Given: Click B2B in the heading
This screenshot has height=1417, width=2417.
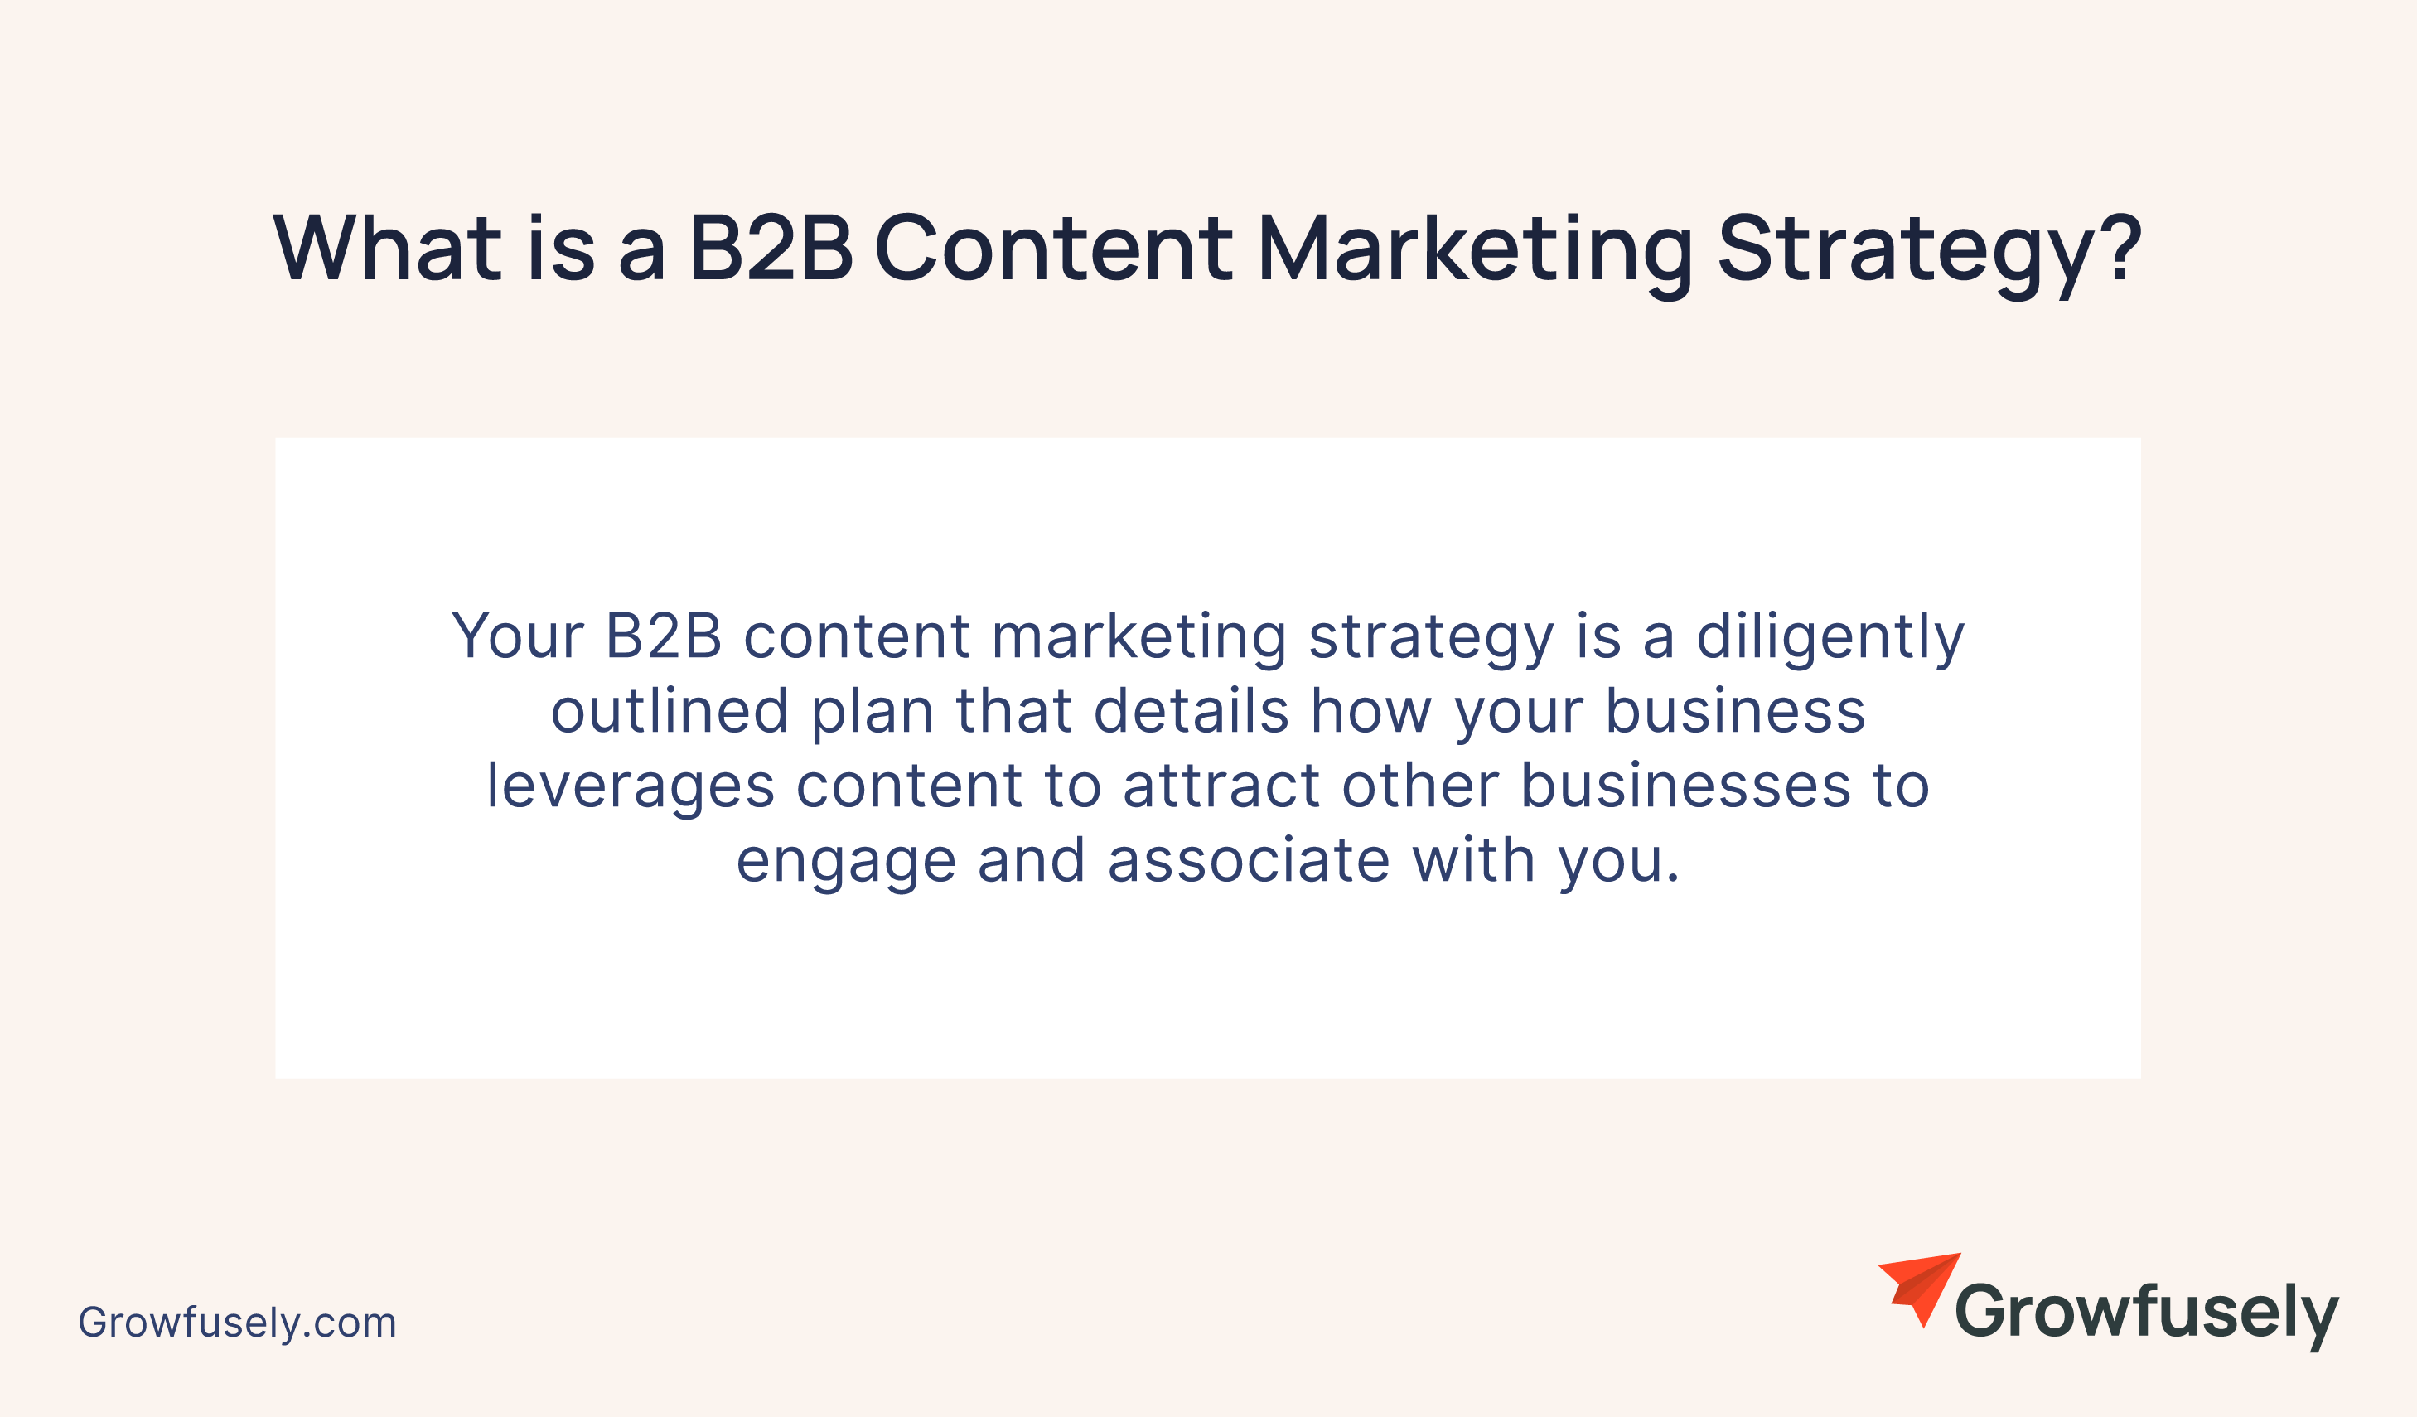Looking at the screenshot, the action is tap(771, 249).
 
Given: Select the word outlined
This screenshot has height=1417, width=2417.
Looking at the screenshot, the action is tap(670, 711).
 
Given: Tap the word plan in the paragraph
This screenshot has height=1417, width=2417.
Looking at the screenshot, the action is tap(873, 715).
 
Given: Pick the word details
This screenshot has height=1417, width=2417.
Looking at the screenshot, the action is tap(1192, 711).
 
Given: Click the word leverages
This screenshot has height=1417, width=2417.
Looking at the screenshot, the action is tap(631, 790).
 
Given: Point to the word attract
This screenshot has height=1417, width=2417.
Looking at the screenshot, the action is tap(1221, 786).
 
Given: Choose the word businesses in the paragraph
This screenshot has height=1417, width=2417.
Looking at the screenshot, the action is tap(1686, 786).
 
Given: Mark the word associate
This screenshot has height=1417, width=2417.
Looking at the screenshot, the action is tap(1249, 861).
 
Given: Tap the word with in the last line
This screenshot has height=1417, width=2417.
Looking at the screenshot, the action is tap(1474, 861).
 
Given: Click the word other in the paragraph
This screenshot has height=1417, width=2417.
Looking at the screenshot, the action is tap(1420, 786).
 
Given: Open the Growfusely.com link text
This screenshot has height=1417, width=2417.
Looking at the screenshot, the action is tap(237, 1323).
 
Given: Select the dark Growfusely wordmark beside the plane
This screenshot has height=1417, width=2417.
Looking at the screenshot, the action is tap(2147, 1314).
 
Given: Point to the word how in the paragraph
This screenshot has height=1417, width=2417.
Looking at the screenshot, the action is tap(1370, 711).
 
